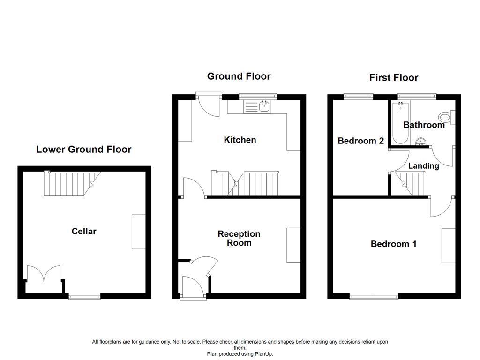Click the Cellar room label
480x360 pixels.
coord(84,231)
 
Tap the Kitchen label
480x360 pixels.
coord(240,140)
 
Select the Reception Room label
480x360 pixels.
coord(239,238)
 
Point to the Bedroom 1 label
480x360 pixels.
coord(393,244)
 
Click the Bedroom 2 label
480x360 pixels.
coord(361,141)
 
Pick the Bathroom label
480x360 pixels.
coord(424,125)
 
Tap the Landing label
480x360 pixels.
coord(424,166)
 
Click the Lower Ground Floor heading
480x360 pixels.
coord(83,150)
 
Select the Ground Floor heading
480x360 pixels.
coord(239,76)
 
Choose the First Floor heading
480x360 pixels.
coord(394,78)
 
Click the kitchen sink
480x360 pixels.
coord(257,107)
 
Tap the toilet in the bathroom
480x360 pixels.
coord(447,117)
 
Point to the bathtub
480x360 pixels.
coord(400,123)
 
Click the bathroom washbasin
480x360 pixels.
coord(421,142)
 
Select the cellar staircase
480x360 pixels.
coord(72,183)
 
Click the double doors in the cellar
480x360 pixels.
coord(44,273)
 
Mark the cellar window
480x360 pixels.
coord(84,296)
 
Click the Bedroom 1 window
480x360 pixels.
coord(374,296)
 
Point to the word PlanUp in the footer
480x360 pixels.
coord(263,354)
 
